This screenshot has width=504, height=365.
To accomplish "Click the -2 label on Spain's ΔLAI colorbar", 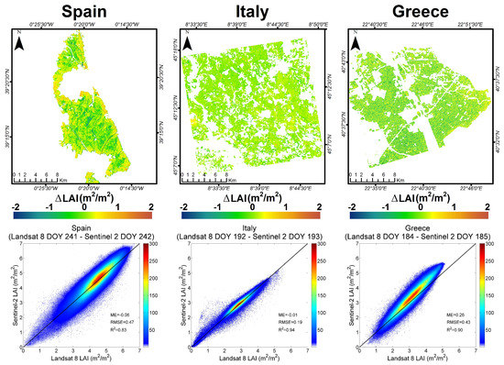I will click(x=16, y=209).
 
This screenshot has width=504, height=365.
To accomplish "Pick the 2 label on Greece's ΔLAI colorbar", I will click(x=487, y=209).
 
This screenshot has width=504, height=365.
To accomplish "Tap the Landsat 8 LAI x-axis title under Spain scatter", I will click(x=80, y=359).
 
